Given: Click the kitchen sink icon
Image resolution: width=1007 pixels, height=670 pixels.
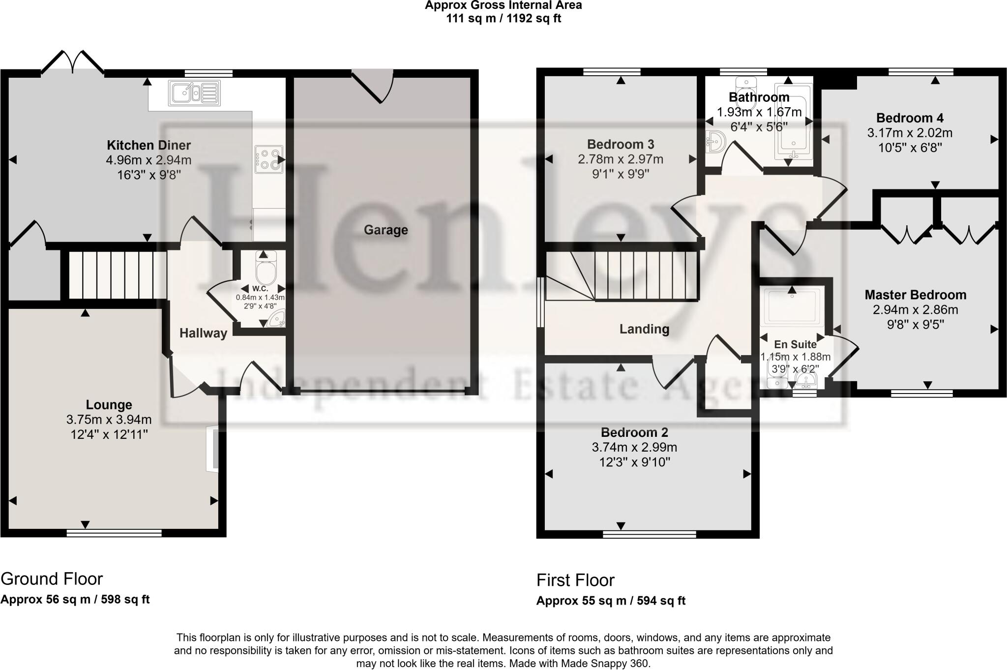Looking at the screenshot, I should [194, 93].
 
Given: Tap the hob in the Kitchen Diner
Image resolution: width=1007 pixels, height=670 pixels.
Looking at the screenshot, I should [269, 160].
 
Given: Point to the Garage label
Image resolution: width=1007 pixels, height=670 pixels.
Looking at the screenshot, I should [385, 230].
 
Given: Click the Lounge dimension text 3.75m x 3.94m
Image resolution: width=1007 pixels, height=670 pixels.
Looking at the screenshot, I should [109, 420].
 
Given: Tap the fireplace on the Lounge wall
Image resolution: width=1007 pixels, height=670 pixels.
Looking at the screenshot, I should [213, 448].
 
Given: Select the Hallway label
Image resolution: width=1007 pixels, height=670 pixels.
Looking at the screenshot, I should [203, 333].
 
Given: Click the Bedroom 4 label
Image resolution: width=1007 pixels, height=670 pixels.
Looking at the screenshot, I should [910, 118].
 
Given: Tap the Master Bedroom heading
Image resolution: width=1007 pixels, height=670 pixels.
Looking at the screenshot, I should [915, 295].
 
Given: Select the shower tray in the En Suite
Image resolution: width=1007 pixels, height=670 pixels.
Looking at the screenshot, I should [792, 307].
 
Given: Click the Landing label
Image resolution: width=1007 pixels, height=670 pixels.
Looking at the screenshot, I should [644, 329].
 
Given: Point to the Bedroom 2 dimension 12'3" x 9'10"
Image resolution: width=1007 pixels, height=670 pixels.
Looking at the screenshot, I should [634, 462].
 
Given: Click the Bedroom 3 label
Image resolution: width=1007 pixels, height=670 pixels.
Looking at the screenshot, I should [621, 144].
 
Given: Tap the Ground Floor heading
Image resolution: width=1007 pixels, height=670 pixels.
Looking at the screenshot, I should [52, 579].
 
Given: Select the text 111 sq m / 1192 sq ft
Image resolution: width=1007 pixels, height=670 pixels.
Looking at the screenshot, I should [503, 19].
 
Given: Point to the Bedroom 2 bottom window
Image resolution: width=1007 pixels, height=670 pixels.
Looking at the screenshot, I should [649, 534].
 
